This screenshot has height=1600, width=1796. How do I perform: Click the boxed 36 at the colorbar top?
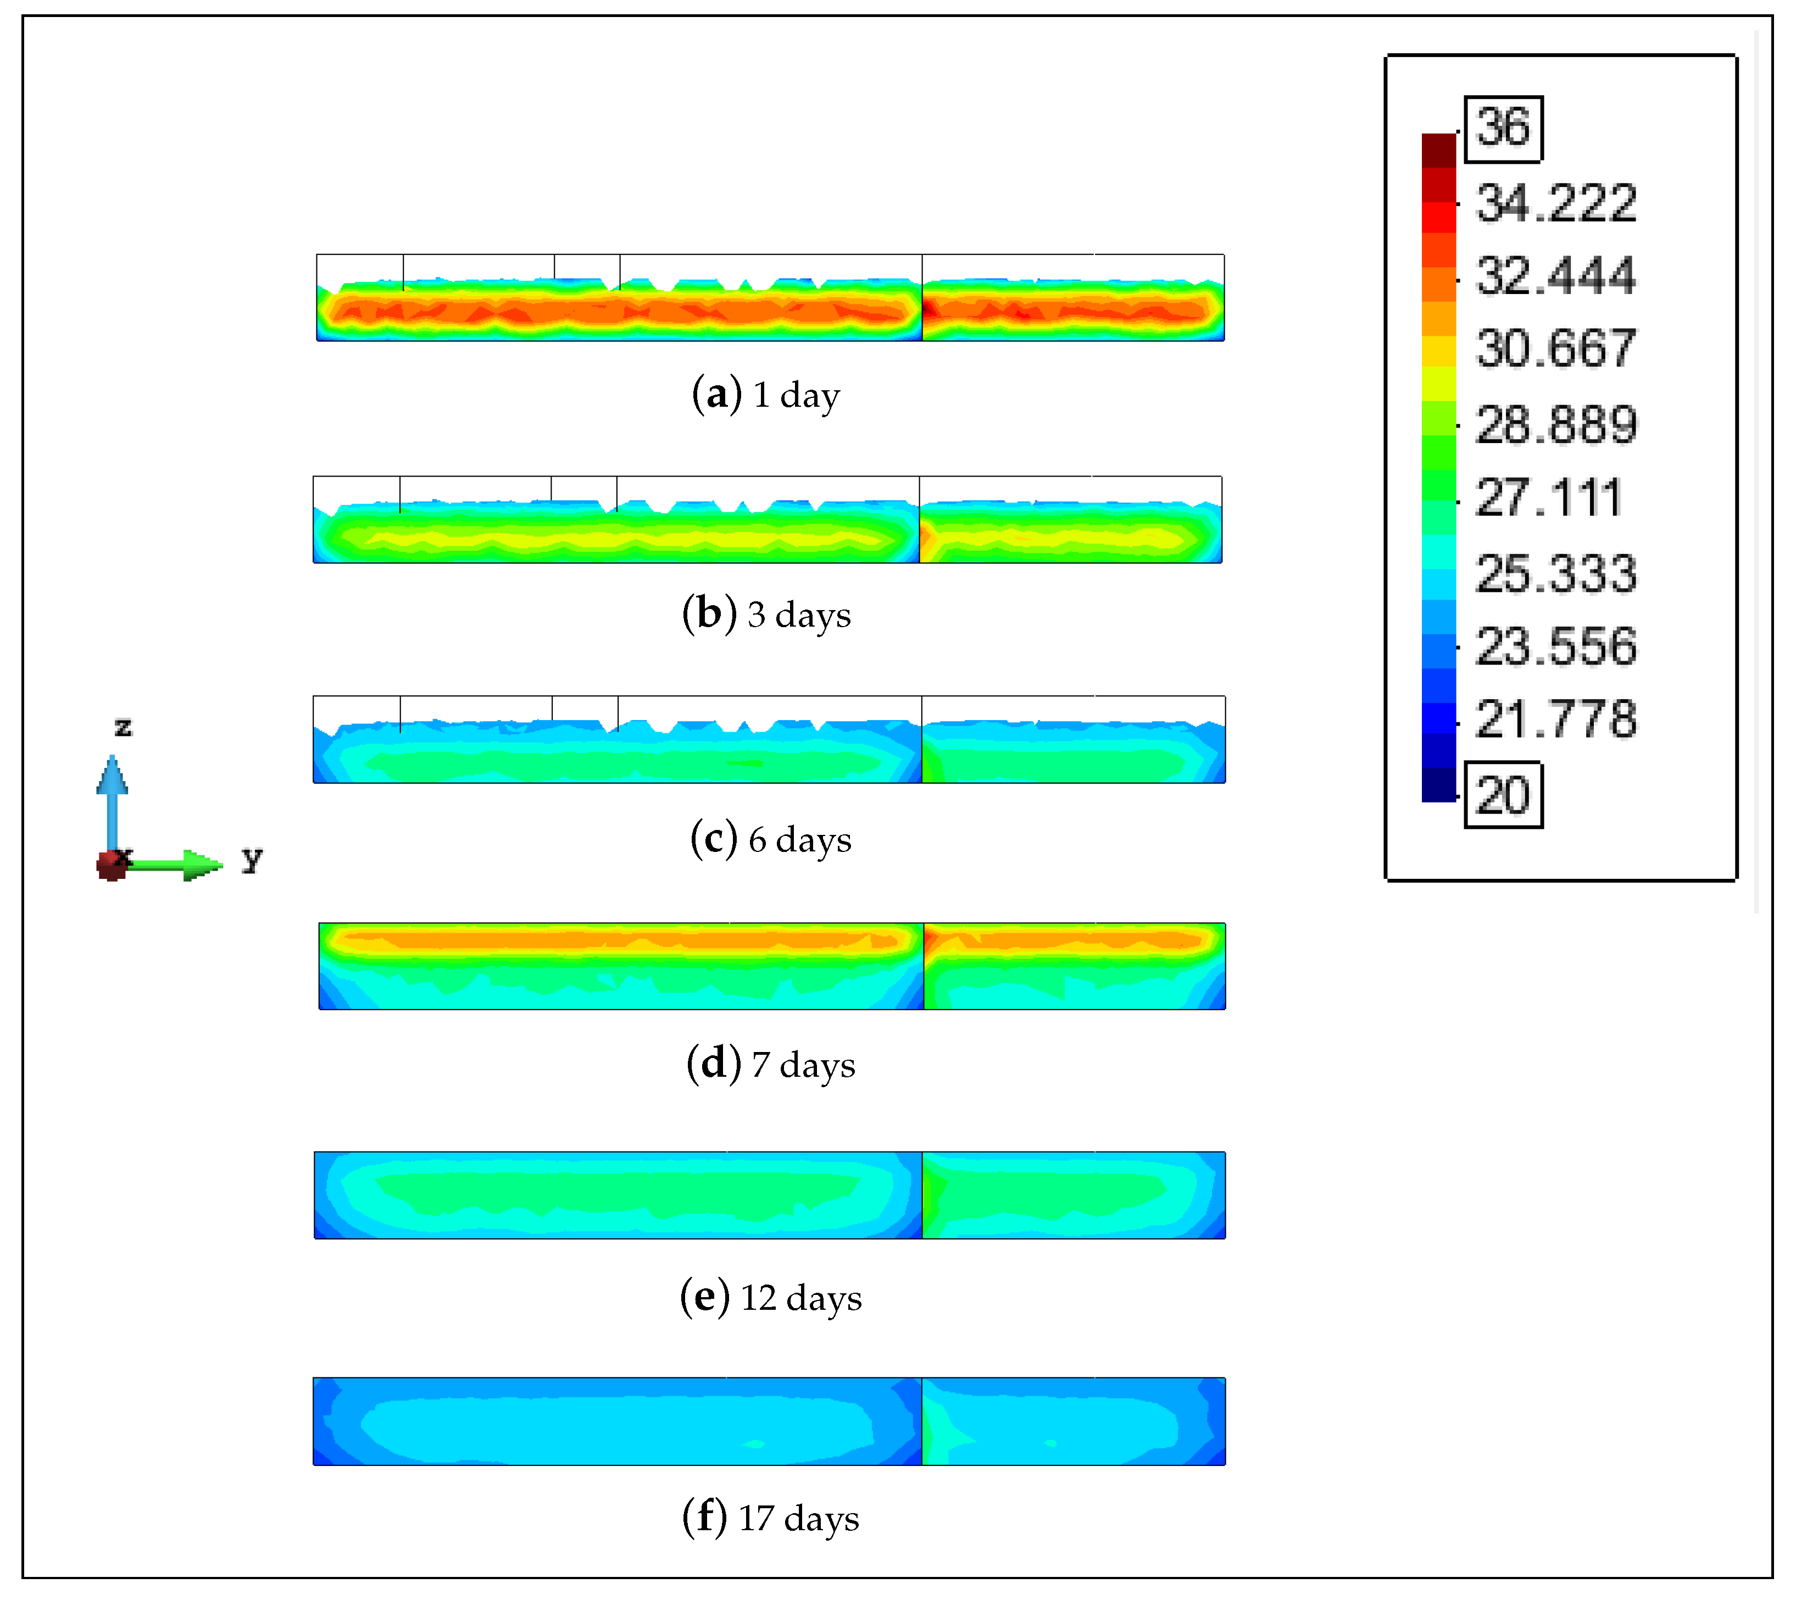click(1503, 129)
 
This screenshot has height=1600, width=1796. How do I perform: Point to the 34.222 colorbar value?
click(1556, 203)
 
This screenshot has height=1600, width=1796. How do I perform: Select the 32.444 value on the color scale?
click(1556, 276)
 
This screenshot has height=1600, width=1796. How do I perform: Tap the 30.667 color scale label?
click(1556, 348)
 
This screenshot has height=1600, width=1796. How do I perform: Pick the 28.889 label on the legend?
click(1556, 425)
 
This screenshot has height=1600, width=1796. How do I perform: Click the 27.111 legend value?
click(1548, 497)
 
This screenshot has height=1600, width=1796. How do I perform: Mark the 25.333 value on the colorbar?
click(1556, 574)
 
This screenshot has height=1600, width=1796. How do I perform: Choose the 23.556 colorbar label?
click(1556, 646)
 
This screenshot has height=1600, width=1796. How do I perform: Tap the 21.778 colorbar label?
click(1556, 719)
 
